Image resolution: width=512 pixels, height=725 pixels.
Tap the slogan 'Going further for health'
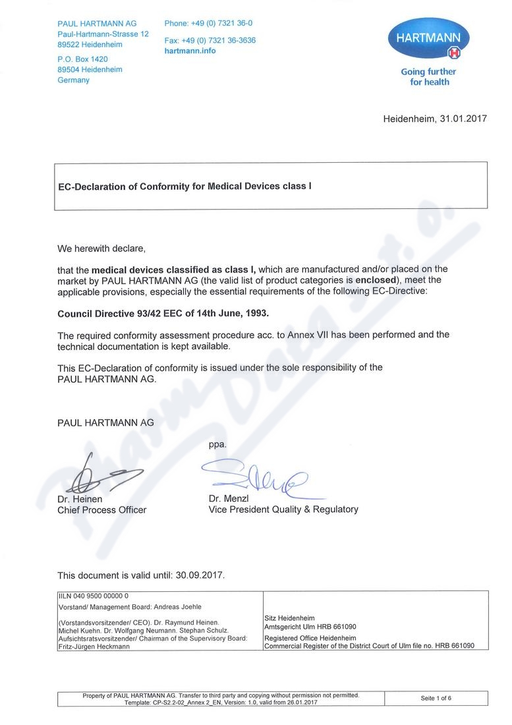point(428,76)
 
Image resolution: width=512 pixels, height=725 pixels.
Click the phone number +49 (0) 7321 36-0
point(208,23)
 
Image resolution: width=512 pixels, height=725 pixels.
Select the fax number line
point(210,40)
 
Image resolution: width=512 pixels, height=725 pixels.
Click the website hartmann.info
point(190,50)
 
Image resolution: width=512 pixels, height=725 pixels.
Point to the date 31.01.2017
point(463,119)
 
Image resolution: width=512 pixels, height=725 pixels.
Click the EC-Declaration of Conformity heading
point(185,186)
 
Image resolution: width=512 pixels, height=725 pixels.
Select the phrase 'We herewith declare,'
point(100,249)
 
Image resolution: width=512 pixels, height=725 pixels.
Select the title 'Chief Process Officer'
point(102,509)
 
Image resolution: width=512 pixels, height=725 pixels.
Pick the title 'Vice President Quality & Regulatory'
point(283,509)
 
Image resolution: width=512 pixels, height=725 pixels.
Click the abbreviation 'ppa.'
point(217,444)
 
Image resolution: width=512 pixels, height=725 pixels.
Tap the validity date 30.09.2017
point(200,575)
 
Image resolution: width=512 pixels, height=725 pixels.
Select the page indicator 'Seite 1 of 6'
point(436,698)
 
